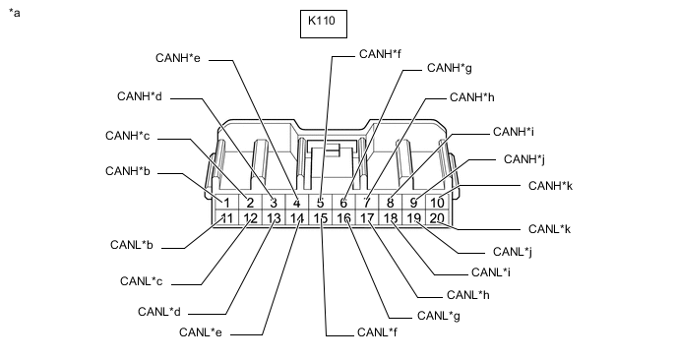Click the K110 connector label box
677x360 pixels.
coord(324,24)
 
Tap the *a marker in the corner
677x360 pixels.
coord(14,13)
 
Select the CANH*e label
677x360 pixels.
coord(178,58)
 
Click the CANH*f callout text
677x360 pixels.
coord(380,54)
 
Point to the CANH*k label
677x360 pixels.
coord(550,186)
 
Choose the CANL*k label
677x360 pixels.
coord(550,229)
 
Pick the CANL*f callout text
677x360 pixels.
coord(377,332)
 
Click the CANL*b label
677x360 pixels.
coord(132,245)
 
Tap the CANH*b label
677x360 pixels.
coord(128,171)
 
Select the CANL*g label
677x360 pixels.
coord(439,316)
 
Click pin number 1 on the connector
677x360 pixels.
coord(227,203)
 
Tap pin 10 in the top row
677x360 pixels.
coord(437,203)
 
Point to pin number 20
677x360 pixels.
coord(437,218)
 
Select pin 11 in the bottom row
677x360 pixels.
coord(227,218)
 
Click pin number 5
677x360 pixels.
coord(321,203)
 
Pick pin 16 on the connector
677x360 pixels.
coord(343,218)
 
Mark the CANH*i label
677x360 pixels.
coord(514,132)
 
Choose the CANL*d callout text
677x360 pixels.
coord(159,311)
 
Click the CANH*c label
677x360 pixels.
coord(127,136)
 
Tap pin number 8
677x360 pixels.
coord(391,203)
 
